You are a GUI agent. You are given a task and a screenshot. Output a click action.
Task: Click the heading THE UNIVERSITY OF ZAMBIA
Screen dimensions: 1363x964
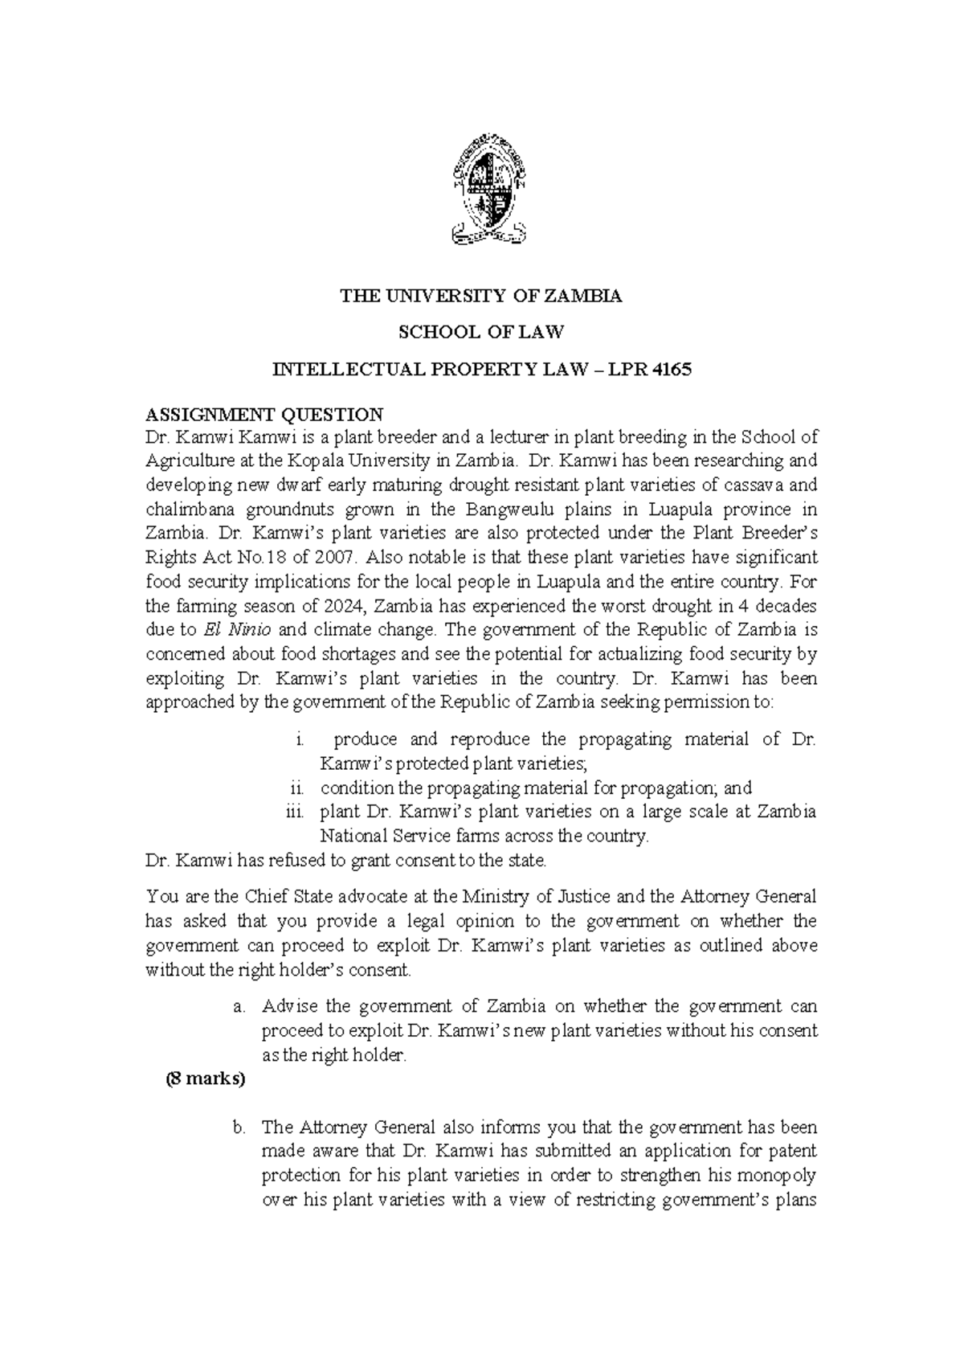coord(481,296)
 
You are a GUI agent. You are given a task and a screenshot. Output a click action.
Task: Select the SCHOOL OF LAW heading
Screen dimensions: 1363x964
coord(481,331)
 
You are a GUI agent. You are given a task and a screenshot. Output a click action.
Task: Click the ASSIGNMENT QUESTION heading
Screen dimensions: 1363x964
coord(264,415)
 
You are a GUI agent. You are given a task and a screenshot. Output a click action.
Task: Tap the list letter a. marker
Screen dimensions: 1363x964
coord(239,1006)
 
